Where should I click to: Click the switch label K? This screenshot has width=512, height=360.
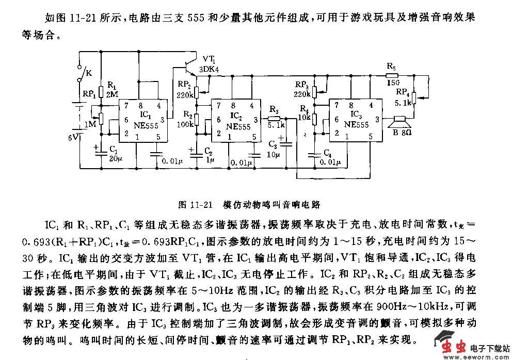pyautogui.click(x=89, y=73)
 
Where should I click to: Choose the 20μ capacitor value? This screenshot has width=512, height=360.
pyautogui.click(x=114, y=158)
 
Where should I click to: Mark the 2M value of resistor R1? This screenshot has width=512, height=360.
pyautogui.click(x=112, y=94)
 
